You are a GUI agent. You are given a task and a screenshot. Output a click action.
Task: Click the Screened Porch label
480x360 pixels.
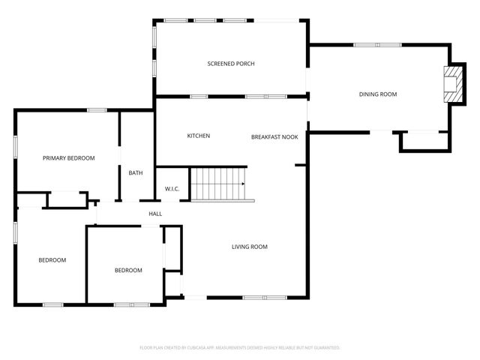click(x=231, y=64)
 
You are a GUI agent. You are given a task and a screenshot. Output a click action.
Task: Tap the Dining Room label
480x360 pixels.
click(x=377, y=94)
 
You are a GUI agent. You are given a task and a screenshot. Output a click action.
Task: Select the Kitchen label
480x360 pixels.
click(x=198, y=136)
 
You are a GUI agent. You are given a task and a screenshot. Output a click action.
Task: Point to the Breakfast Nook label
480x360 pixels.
click(x=274, y=137)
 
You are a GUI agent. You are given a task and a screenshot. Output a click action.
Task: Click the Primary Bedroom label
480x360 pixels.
click(x=68, y=158)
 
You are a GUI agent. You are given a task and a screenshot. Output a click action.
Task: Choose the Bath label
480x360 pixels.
click(x=136, y=173)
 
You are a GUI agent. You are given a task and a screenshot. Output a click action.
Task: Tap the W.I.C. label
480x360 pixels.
click(x=172, y=189)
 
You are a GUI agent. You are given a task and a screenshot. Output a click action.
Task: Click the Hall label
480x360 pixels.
click(x=155, y=214)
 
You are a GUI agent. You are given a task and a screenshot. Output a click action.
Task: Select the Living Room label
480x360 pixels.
click(x=249, y=247)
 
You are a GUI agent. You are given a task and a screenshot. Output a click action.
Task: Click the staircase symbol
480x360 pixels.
click(x=218, y=184)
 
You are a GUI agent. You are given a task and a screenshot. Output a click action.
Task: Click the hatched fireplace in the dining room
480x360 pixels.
click(x=452, y=84)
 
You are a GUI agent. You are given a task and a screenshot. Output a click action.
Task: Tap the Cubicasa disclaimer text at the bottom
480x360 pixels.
click(x=240, y=348)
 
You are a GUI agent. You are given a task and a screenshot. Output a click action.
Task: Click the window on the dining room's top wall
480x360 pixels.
click(x=367, y=45)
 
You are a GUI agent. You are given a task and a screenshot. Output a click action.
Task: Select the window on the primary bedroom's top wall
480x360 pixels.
click(x=97, y=111)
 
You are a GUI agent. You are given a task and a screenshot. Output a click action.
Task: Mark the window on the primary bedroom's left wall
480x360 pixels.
click(x=16, y=146)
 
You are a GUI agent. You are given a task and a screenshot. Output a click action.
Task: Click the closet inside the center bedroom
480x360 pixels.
click(x=172, y=247)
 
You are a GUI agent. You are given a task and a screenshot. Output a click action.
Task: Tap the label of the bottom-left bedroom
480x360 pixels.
click(x=52, y=260)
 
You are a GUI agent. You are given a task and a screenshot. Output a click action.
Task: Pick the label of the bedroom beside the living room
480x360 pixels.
click(x=128, y=271)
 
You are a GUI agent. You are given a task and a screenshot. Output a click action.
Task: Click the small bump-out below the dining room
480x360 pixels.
click(x=424, y=142)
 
